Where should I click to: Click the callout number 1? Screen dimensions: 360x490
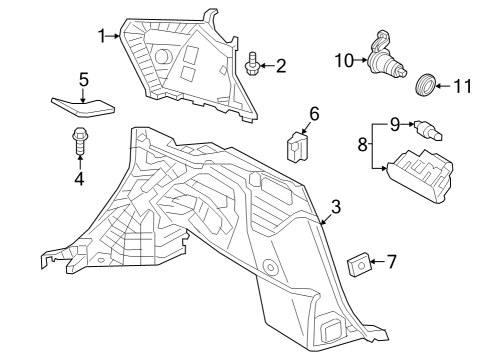102,36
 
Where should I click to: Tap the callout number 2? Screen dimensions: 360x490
281,66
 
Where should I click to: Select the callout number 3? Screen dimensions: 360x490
336,207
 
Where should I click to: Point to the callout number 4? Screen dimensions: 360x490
79,179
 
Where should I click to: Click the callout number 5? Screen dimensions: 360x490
84,77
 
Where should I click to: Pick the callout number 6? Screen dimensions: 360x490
313,114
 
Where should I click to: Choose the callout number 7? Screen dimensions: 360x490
391,262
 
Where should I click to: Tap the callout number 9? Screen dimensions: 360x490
395,123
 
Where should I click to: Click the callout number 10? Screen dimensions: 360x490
344,60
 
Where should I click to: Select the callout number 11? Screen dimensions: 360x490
461,86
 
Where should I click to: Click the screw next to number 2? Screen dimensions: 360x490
252,65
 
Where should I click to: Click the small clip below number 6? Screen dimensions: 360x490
297,147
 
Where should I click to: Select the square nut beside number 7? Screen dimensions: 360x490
358,265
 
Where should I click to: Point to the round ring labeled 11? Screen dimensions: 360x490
427,83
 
